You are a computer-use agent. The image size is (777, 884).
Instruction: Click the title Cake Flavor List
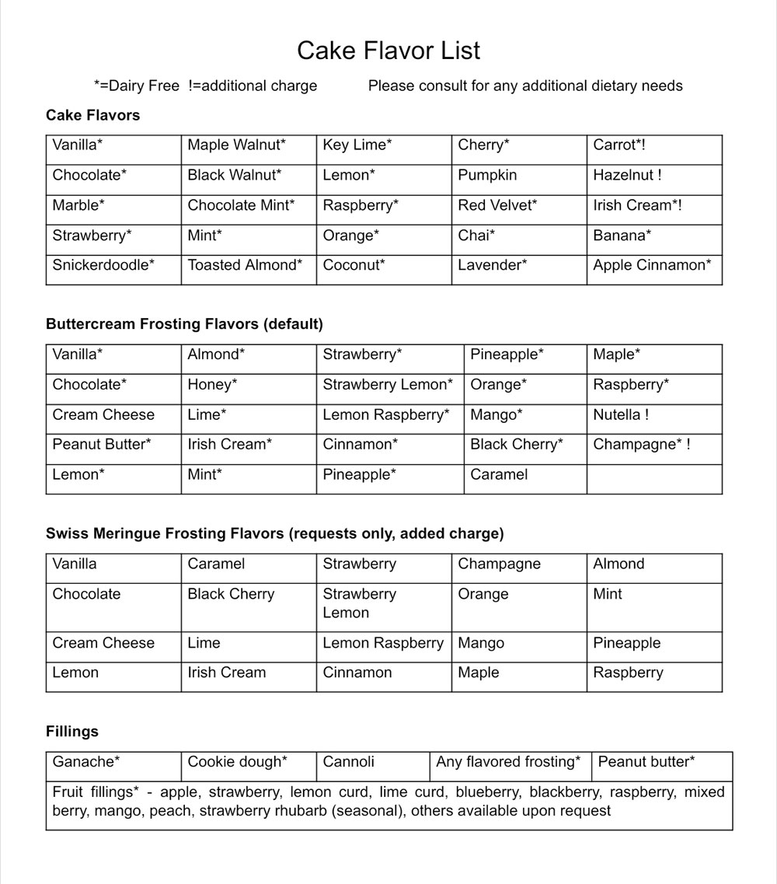[388, 51]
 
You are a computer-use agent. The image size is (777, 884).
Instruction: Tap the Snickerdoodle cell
[103, 265]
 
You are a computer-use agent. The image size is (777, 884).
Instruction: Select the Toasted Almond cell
[245, 265]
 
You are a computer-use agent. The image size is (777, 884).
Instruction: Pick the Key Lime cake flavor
[357, 145]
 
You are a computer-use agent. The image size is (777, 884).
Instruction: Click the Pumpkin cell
[487, 176]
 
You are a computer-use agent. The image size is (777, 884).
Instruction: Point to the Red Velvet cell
[497, 205]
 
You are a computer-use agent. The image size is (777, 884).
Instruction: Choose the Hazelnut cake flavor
[627, 176]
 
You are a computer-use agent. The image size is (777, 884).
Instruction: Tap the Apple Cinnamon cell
[652, 265]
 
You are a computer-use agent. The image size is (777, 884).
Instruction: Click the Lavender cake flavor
[493, 265]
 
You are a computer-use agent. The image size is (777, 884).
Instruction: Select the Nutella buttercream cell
[621, 415]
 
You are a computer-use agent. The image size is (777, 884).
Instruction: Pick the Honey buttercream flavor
[212, 385]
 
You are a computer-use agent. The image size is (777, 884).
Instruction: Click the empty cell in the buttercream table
[654, 479]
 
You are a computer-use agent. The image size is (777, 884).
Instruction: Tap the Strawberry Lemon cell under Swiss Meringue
[360, 603]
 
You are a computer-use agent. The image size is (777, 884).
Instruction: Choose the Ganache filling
[86, 762]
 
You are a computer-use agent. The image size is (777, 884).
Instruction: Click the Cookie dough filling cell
[238, 762]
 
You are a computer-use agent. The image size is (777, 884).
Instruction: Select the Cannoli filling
[348, 762]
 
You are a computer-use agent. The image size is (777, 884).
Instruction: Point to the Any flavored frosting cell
[508, 762]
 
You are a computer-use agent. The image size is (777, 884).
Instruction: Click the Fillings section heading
[72, 732]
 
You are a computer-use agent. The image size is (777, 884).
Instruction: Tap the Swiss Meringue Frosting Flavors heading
[274, 533]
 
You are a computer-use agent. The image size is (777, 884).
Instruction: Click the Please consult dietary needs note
[525, 86]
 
